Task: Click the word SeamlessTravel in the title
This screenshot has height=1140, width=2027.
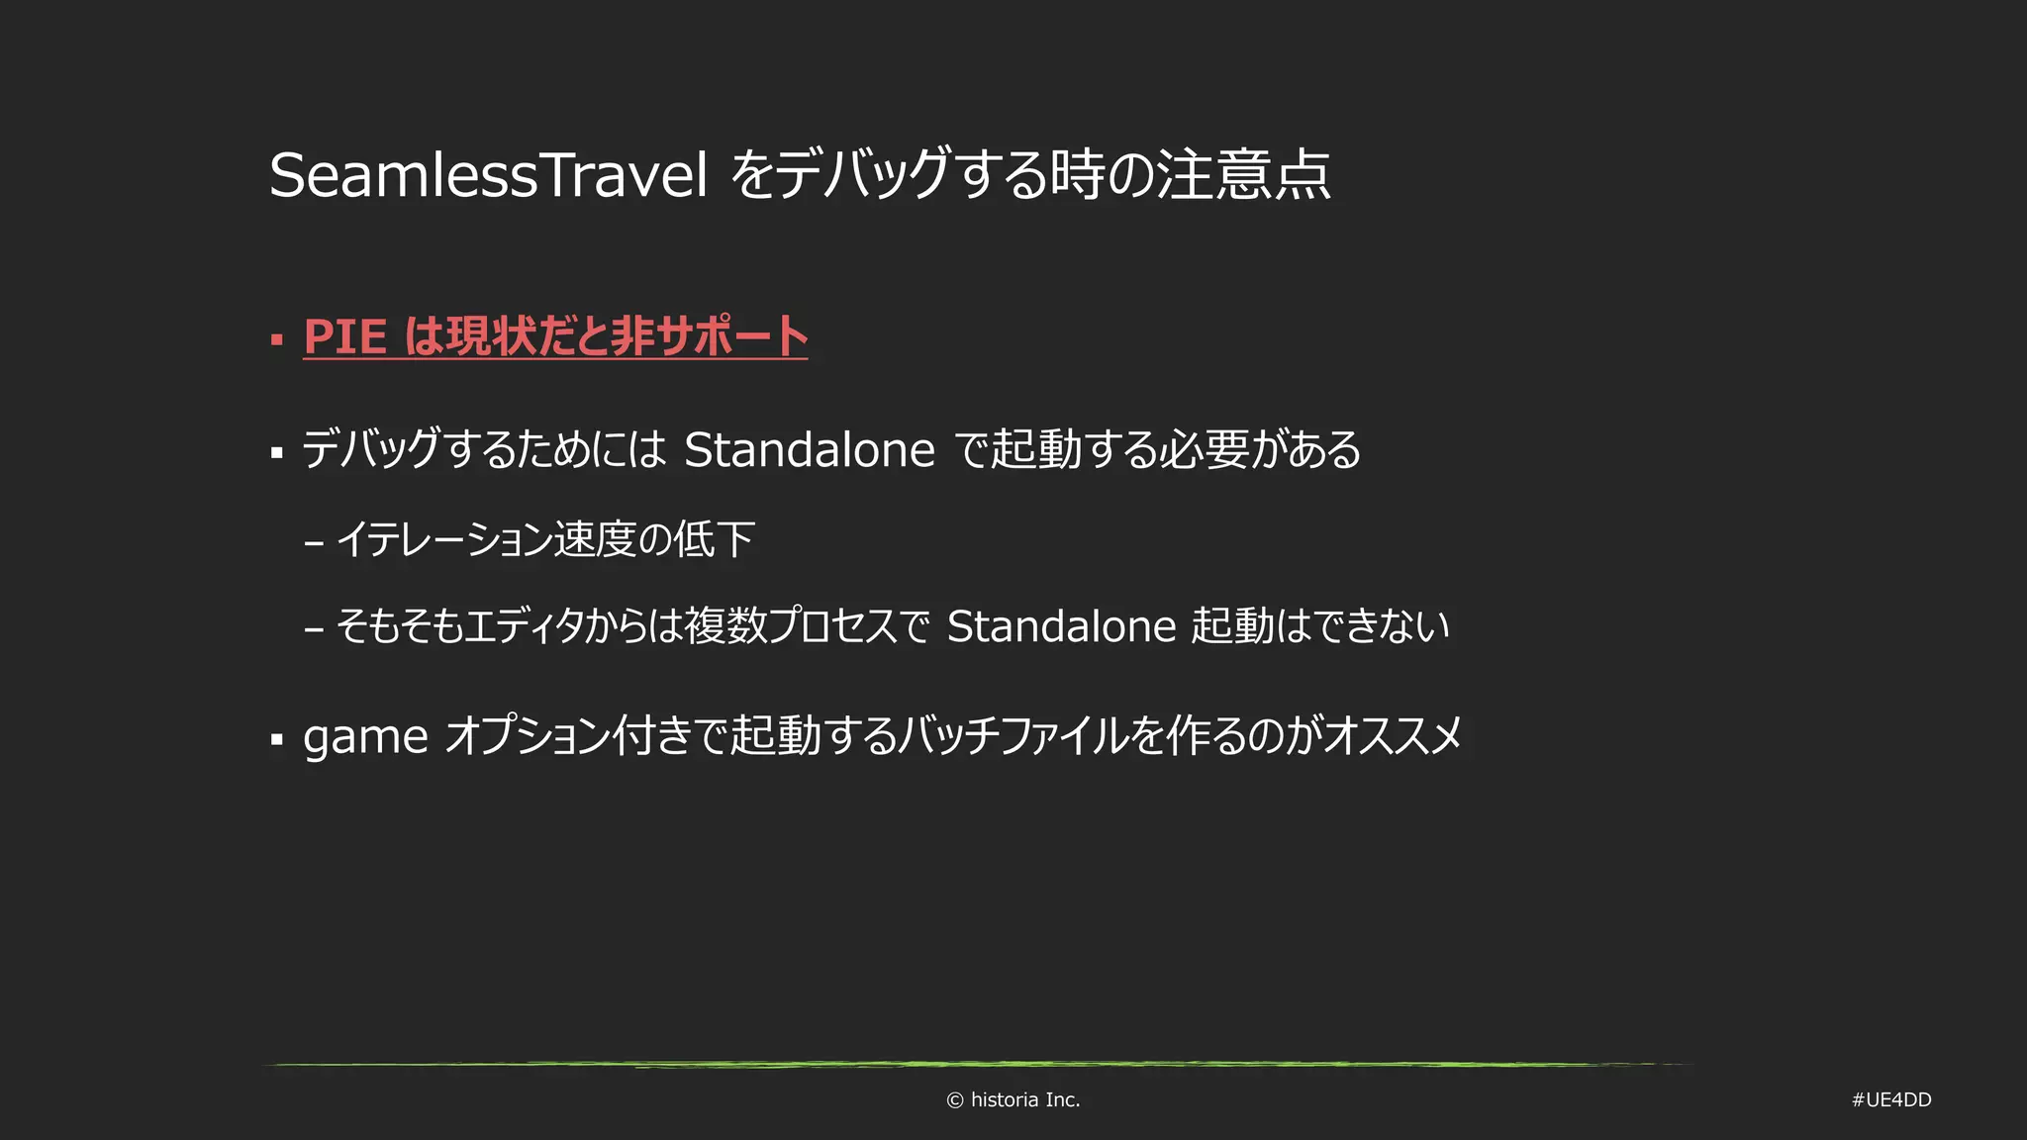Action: tap(488, 176)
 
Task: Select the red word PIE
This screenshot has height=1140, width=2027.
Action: tap(344, 336)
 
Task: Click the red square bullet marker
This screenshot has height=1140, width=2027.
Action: tap(277, 339)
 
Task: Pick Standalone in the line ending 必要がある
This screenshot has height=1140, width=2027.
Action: tap(809, 450)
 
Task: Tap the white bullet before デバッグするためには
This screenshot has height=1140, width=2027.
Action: tap(277, 453)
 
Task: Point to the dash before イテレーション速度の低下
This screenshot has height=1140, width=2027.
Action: tap(315, 543)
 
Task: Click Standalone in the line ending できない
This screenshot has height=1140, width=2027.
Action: tap(1061, 626)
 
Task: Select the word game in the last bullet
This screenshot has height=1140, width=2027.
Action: tap(365, 737)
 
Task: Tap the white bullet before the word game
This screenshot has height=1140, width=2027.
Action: tap(277, 739)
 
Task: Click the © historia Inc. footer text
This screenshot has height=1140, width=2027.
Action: tap(1013, 1100)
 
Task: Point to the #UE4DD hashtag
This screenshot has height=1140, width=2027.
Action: tap(1890, 1100)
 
